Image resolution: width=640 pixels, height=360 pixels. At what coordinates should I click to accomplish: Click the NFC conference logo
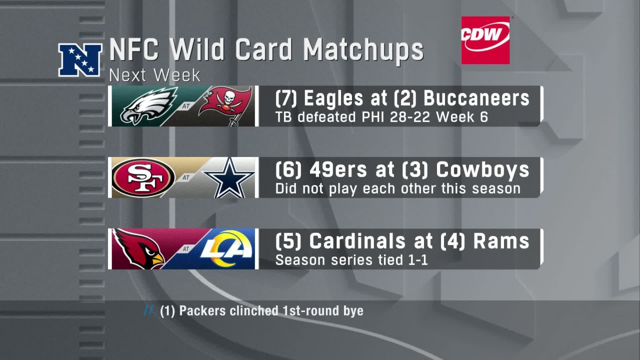point(80,60)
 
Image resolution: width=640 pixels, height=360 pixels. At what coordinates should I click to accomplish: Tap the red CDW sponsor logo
point(485,40)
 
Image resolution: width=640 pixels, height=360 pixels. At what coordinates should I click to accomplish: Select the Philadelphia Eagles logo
point(149,106)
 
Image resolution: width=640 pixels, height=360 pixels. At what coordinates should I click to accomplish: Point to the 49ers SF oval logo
point(143,177)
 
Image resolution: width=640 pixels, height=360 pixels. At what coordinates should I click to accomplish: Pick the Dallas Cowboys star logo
point(229,177)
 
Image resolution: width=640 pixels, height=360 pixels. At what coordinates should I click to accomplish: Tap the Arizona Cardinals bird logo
point(138,249)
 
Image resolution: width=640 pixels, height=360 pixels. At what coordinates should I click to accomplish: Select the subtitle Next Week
point(154,75)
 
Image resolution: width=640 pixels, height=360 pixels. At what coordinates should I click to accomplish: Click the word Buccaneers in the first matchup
point(476,98)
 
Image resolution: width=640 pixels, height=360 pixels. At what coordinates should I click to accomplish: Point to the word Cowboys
point(482,170)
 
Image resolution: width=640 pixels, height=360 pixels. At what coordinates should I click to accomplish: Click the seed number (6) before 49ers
point(288,170)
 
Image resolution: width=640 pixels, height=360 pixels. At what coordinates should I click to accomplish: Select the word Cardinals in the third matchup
point(357,241)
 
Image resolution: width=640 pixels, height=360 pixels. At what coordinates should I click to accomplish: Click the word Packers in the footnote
point(202,311)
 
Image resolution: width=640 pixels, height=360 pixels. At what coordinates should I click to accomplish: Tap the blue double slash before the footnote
point(148,310)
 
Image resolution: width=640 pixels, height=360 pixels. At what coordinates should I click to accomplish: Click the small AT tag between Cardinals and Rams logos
point(186,249)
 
